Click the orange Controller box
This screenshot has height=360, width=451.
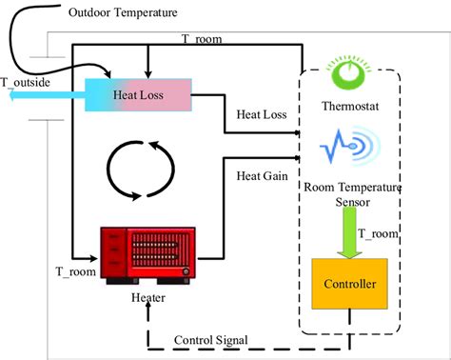350,284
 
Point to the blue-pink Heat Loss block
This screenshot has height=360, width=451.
140,95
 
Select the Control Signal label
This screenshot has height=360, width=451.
212,340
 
